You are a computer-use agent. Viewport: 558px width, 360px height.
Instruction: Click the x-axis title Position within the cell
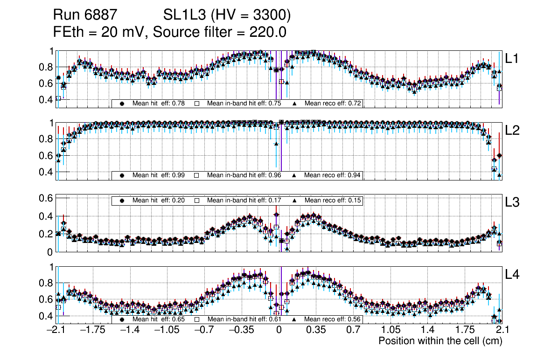pos(440,341)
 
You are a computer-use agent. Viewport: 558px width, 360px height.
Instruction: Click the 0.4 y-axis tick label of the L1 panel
pos(49,100)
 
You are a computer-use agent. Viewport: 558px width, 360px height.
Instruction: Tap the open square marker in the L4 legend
pos(196,319)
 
